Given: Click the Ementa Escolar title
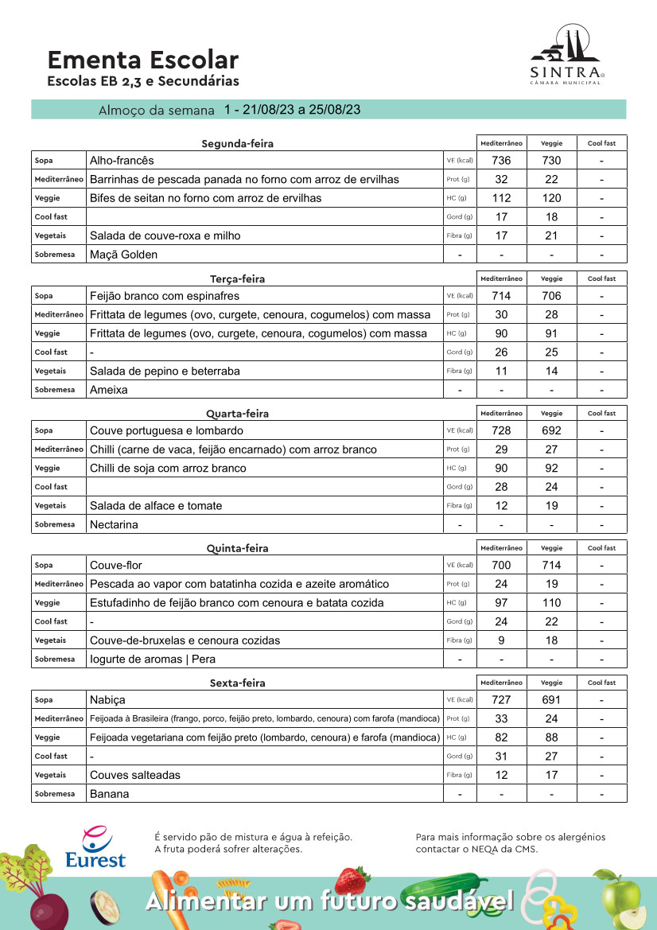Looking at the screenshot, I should [x=142, y=60].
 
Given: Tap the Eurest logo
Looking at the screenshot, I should [x=95, y=848].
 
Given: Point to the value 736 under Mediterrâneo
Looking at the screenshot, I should [x=501, y=161].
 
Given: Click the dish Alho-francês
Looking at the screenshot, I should [x=122, y=161].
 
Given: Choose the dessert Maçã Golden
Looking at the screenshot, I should [x=123, y=255].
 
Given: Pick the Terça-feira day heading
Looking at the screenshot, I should [x=237, y=279].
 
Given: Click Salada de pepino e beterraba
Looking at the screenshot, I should [x=165, y=371].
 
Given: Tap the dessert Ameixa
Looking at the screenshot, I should [x=109, y=390].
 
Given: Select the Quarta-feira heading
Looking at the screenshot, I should [x=237, y=414].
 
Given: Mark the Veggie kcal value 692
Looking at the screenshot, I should [x=551, y=430].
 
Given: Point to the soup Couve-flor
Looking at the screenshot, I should [x=115, y=565].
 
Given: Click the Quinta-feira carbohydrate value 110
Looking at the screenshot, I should [x=551, y=603].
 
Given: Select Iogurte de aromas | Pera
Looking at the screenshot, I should [x=153, y=660].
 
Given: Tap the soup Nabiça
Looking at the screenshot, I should [x=108, y=700].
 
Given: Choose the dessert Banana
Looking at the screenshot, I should [x=110, y=794].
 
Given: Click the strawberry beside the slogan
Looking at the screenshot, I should [x=352, y=880].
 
